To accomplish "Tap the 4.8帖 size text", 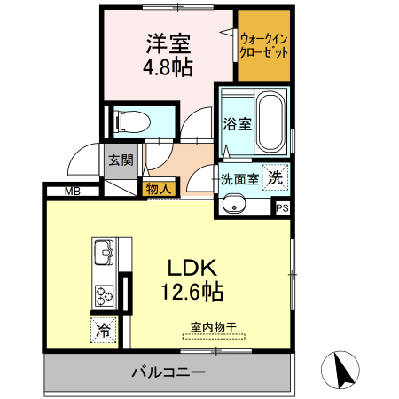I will (x=168, y=66).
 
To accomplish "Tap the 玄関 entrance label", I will (x=121, y=160).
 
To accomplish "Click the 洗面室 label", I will (x=240, y=177).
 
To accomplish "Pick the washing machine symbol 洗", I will (x=278, y=176).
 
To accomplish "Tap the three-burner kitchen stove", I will (x=105, y=293).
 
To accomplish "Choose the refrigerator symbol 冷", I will (x=103, y=331).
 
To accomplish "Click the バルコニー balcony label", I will (x=168, y=372).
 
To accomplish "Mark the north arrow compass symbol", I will (x=344, y=370).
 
